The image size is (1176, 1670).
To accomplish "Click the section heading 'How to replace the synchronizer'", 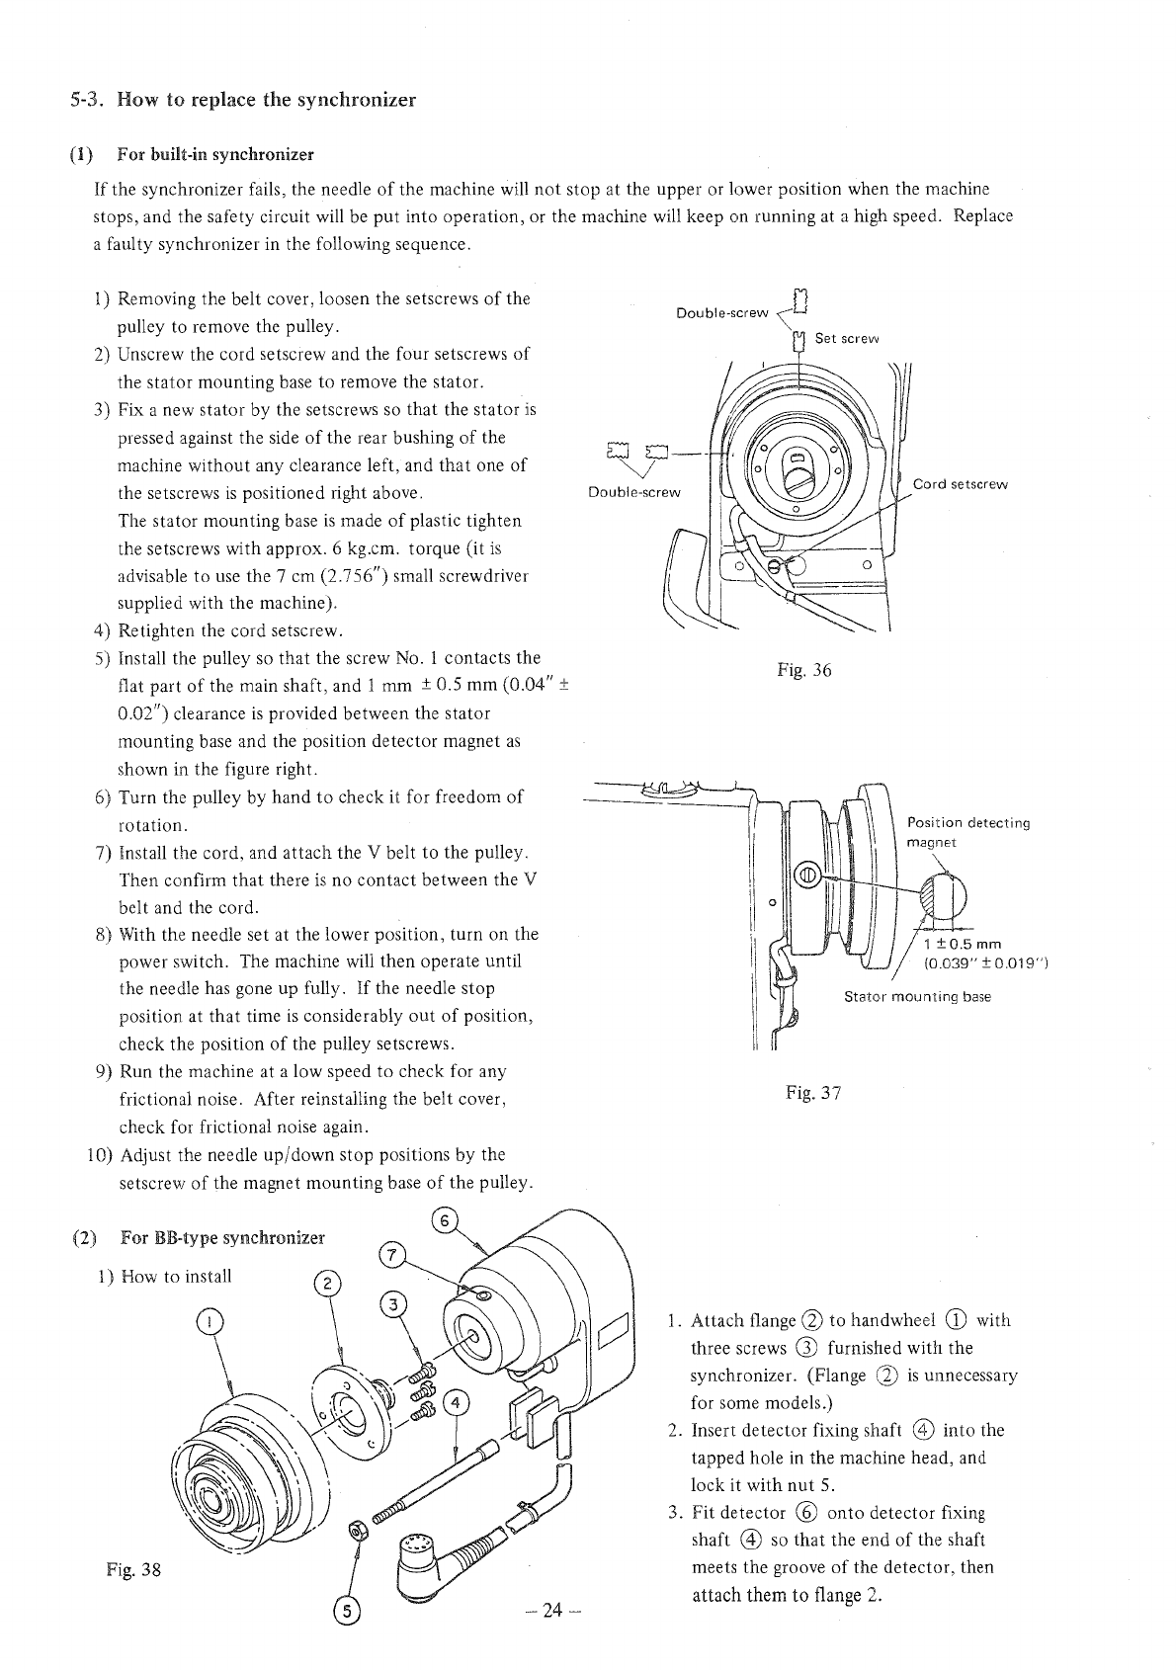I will tap(265, 100).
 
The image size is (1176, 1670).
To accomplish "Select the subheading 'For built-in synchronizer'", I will tap(214, 154).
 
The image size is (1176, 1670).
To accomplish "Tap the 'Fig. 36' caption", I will tap(803, 671).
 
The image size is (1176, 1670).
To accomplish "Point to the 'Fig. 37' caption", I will tap(812, 1092).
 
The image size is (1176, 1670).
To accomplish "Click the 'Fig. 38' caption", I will tap(132, 1570).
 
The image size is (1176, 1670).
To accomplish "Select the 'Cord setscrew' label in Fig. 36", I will tap(960, 484).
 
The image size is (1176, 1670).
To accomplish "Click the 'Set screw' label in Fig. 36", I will tap(846, 339).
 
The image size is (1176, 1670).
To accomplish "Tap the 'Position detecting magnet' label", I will tap(967, 832).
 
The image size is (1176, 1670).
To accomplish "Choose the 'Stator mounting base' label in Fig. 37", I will tap(916, 997).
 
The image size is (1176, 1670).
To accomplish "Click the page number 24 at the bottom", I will tap(552, 1611).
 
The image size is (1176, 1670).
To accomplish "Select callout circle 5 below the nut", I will tap(348, 1611).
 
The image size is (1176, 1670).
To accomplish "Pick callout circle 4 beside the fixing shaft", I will tap(456, 1403).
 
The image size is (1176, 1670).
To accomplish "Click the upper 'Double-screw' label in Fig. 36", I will tap(721, 313).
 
